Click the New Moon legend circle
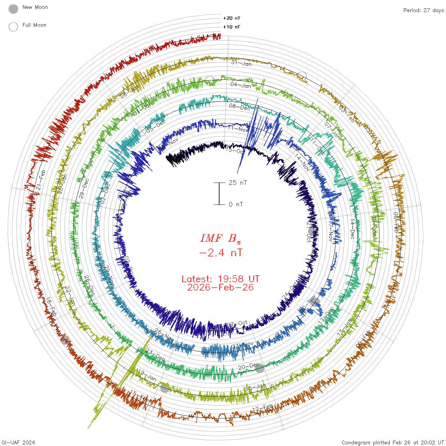[13, 9]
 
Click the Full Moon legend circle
[13, 27]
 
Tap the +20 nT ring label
[232, 18]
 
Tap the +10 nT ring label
[232, 27]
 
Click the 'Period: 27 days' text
[423, 11]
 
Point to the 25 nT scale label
[238, 183]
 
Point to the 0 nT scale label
[236, 205]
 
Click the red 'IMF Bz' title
[220, 238]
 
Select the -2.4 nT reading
[220, 253]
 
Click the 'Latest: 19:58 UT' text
[220, 279]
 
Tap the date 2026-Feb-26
[220, 288]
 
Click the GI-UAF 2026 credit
[18, 442]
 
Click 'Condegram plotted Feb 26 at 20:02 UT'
[393, 442]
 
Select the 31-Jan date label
[241, 63]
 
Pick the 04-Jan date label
[241, 85]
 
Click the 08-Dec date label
[240, 107]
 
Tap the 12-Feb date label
[263, 408]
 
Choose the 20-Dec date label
[248, 367]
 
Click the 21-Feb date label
[40, 180]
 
